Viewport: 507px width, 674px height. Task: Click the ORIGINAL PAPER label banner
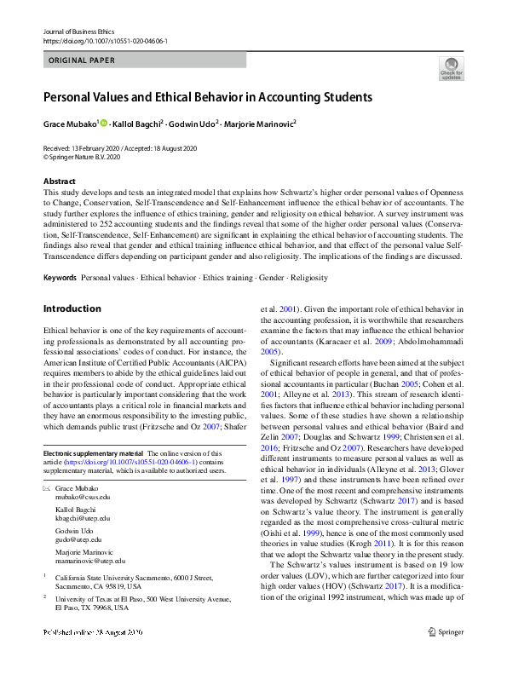pyautogui.click(x=82, y=61)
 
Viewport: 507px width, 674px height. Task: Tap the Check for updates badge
pyautogui.click(x=451, y=69)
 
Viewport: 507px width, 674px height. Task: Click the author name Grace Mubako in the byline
pyautogui.click(x=70, y=124)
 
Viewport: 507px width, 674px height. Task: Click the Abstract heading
pyautogui.click(x=60, y=181)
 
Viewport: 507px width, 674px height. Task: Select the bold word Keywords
pyautogui.click(x=60, y=279)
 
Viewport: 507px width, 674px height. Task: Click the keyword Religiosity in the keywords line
pyautogui.click(x=314, y=279)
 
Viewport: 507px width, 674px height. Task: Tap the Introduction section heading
pyautogui.click(x=72, y=308)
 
